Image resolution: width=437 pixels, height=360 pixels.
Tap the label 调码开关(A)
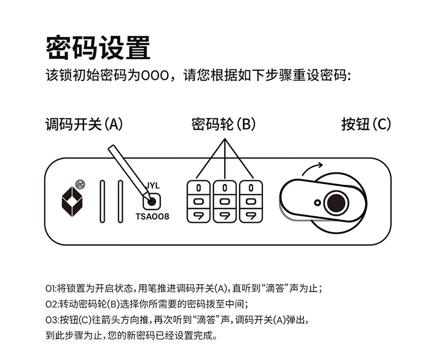pyautogui.click(x=84, y=124)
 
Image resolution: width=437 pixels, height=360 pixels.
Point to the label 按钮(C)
pyautogui.click(x=366, y=124)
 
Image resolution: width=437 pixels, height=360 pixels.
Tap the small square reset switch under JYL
pyautogui.click(x=151, y=201)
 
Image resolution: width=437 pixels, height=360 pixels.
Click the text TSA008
pyautogui.click(x=152, y=216)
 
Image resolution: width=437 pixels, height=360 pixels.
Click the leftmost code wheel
pyautogui.click(x=198, y=201)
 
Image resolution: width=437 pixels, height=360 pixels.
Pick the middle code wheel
pyautogui.click(x=224, y=201)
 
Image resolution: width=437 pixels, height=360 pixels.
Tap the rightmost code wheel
pyautogui.click(x=251, y=201)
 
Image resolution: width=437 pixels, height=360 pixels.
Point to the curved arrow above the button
pyautogui.click(x=313, y=168)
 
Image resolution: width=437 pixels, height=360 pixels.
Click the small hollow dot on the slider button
pyautogui.click(x=317, y=202)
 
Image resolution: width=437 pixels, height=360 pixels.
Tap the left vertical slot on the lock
pyautogui.click(x=102, y=202)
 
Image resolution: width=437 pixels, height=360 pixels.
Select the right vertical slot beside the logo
pyautogui.click(x=121, y=202)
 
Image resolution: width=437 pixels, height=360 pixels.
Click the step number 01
pyautogui.click(x=50, y=289)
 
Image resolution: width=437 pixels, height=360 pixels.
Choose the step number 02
pyautogui.click(x=51, y=304)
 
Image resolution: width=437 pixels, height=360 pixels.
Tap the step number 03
pyautogui.click(x=51, y=319)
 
